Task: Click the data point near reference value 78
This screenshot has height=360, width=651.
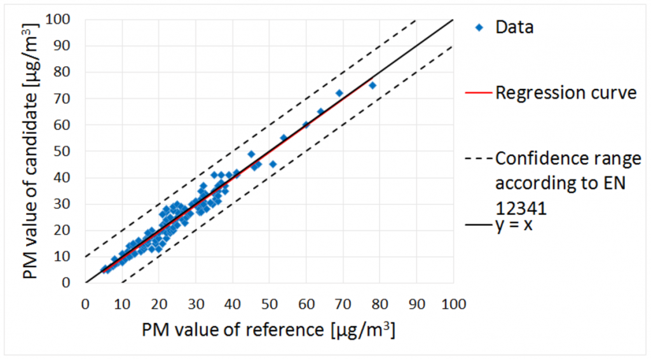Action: [x=373, y=85]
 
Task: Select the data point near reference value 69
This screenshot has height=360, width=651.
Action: [x=339, y=93]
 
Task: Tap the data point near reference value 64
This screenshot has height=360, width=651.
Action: [x=320, y=111]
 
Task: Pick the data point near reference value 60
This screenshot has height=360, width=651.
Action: [x=306, y=125]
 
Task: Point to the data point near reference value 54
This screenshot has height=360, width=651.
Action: [x=284, y=137]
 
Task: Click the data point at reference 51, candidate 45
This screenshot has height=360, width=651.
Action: [x=273, y=164]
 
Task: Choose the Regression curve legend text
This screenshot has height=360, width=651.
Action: [x=566, y=93]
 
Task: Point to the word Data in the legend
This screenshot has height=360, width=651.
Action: [x=514, y=27]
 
